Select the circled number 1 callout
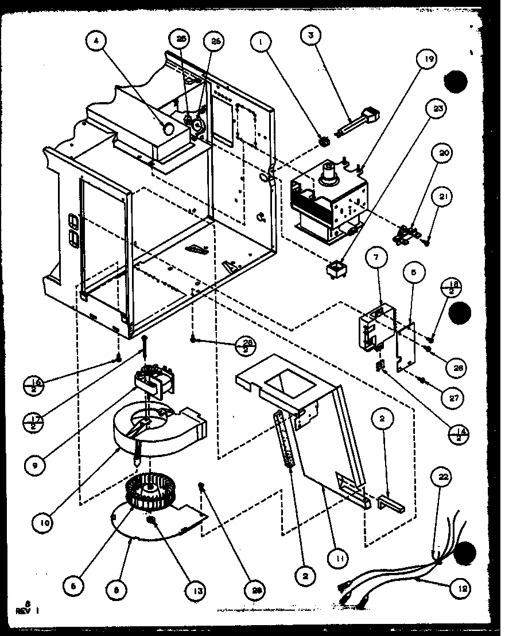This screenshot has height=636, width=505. (262, 41)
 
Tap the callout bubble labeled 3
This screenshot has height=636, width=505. (312, 34)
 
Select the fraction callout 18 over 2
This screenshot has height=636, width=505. (454, 287)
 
